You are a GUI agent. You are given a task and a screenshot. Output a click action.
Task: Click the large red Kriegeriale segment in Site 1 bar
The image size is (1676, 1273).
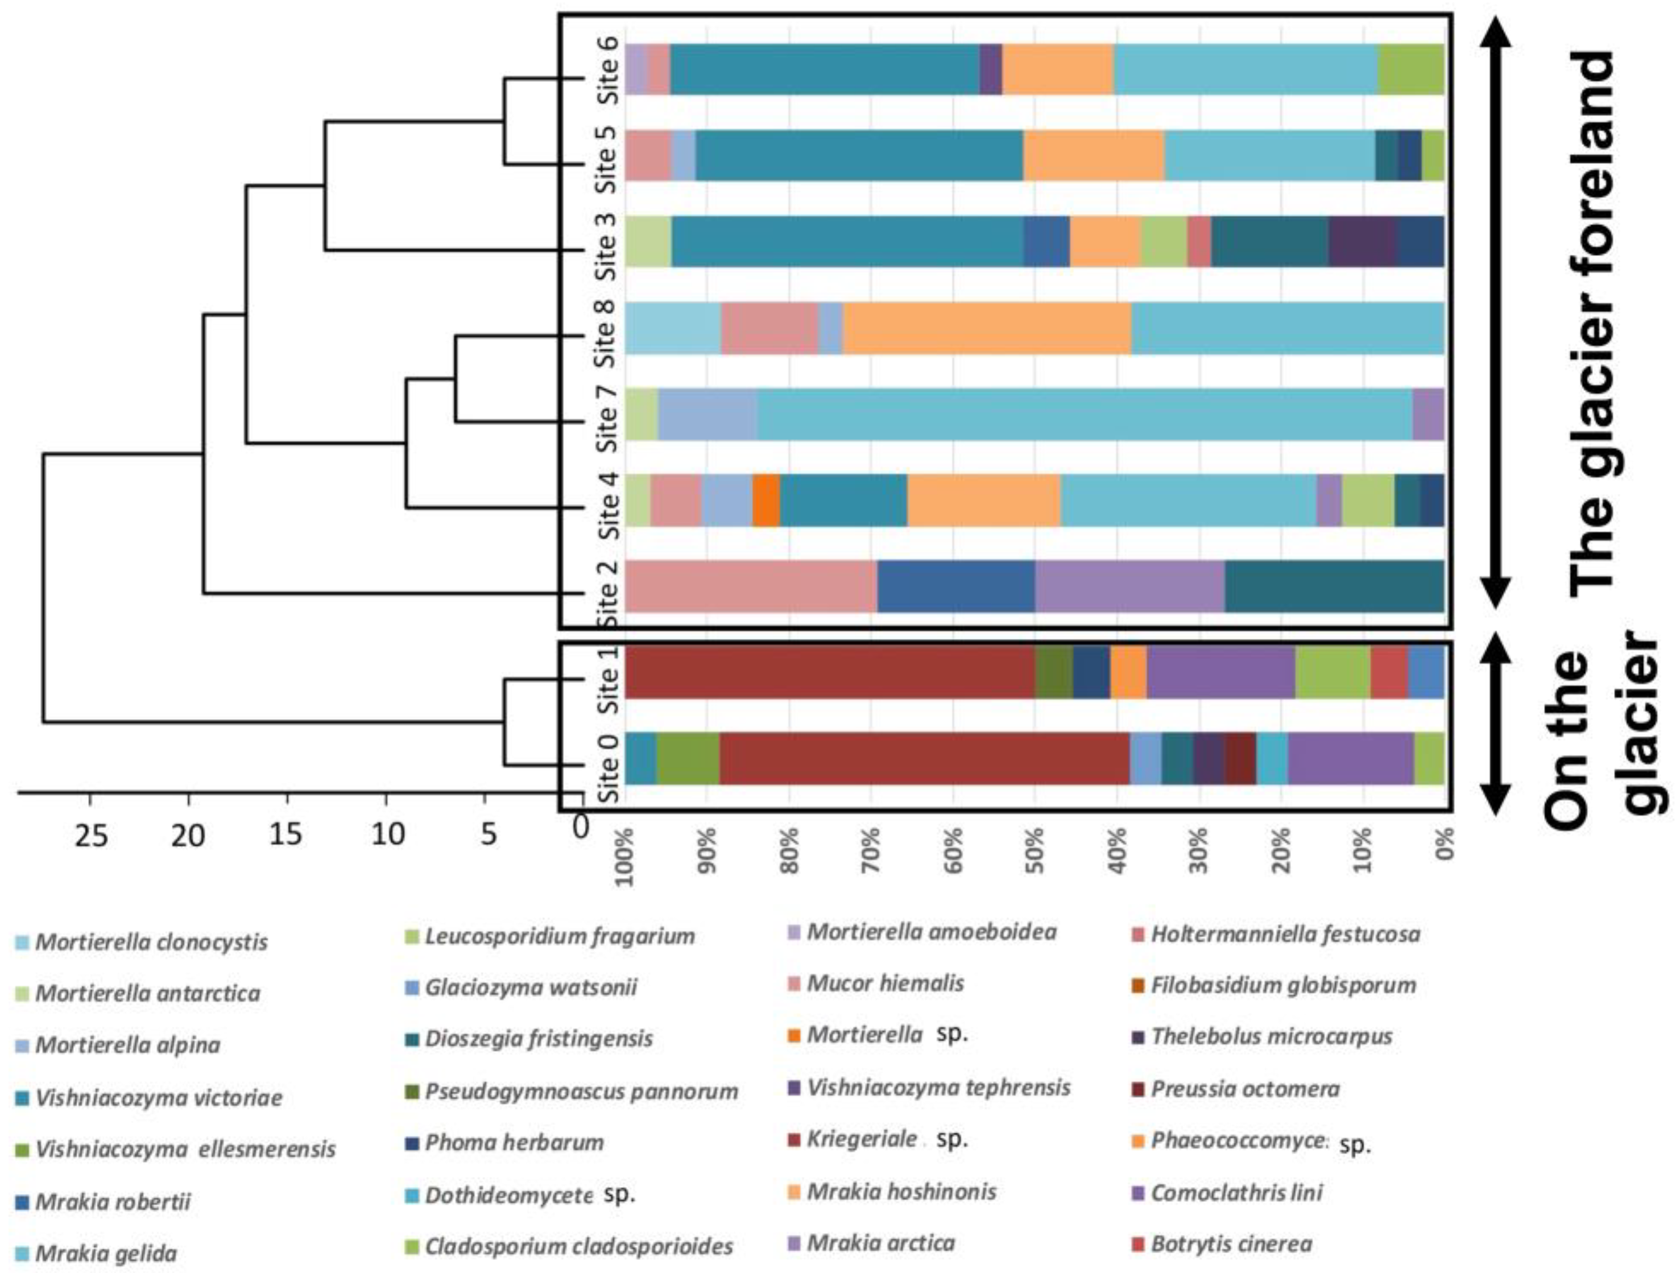(830, 673)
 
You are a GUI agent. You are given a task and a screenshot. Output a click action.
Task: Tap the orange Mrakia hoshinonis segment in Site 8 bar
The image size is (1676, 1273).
(987, 328)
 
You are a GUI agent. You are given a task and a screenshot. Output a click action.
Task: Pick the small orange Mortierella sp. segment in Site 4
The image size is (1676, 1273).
(766, 500)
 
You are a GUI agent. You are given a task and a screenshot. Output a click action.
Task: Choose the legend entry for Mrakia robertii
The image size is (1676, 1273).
(112, 1202)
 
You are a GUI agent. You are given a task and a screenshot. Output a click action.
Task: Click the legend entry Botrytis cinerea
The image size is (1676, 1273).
(1231, 1243)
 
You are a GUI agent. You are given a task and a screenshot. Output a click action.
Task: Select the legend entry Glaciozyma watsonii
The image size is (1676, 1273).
(531, 987)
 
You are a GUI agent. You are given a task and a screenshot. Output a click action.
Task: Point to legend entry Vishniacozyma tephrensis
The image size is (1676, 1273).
(938, 1088)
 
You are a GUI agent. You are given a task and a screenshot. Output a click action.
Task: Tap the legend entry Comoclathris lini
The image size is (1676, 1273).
(1236, 1193)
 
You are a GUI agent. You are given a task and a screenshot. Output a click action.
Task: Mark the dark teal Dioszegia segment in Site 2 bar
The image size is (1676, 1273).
(1334, 586)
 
